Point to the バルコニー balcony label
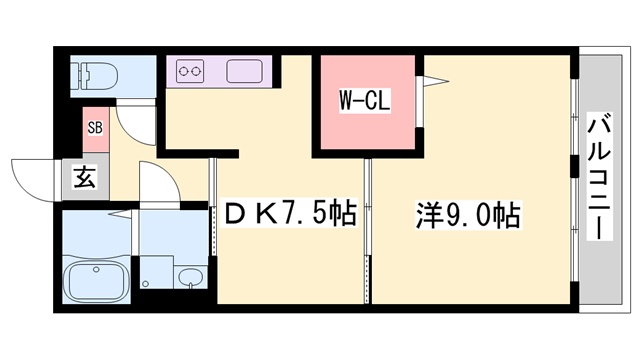pyautogui.click(x=600, y=176)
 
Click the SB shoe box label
pyautogui.click(x=95, y=127)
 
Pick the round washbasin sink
pyautogui.click(x=187, y=275)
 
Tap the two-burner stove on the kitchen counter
pyautogui.click(x=190, y=71)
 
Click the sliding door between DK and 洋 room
pyautogui.click(x=367, y=230)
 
